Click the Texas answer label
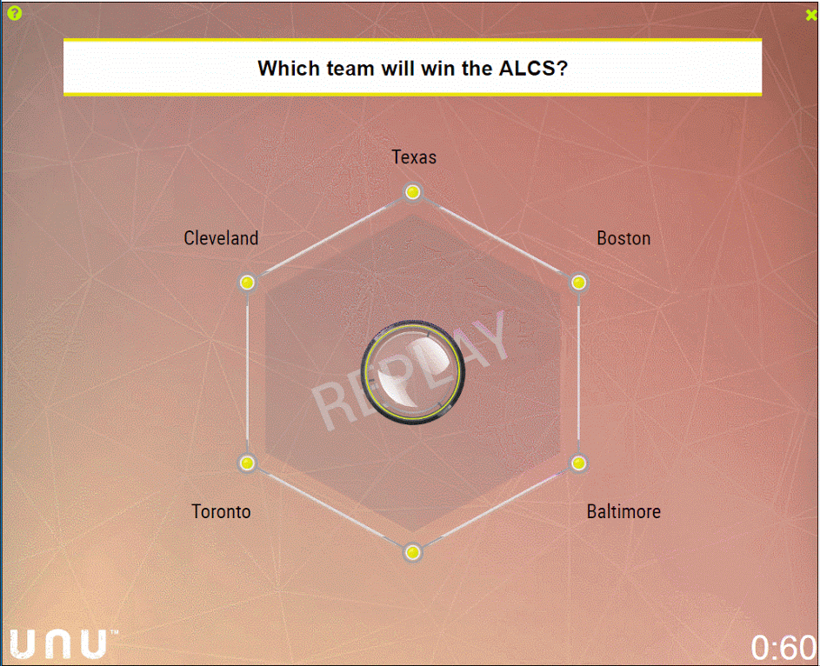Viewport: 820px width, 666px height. [x=414, y=157]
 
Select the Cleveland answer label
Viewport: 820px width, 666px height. [x=221, y=238]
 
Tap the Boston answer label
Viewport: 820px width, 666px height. [x=623, y=238]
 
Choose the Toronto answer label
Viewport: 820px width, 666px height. [x=221, y=511]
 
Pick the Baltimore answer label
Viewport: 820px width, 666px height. [x=623, y=511]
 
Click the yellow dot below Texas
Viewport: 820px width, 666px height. [x=413, y=192]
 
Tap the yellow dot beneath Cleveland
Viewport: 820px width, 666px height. [x=247, y=283]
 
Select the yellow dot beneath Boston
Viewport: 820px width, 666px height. [x=578, y=283]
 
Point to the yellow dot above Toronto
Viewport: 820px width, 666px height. [x=247, y=463]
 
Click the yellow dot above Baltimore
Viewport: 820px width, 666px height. [x=578, y=463]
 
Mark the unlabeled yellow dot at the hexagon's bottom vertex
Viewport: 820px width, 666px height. [x=413, y=553]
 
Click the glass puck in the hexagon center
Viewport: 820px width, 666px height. [x=413, y=372]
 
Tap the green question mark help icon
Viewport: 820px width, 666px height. [x=15, y=13]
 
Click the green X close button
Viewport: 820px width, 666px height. [x=811, y=15]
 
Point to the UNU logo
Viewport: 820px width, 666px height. [x=58, y=644]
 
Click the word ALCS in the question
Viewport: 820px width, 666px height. [x=533, y=69]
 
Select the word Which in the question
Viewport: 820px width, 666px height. [x=290, y=69]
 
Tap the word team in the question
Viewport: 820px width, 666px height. [x=351, y=69]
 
